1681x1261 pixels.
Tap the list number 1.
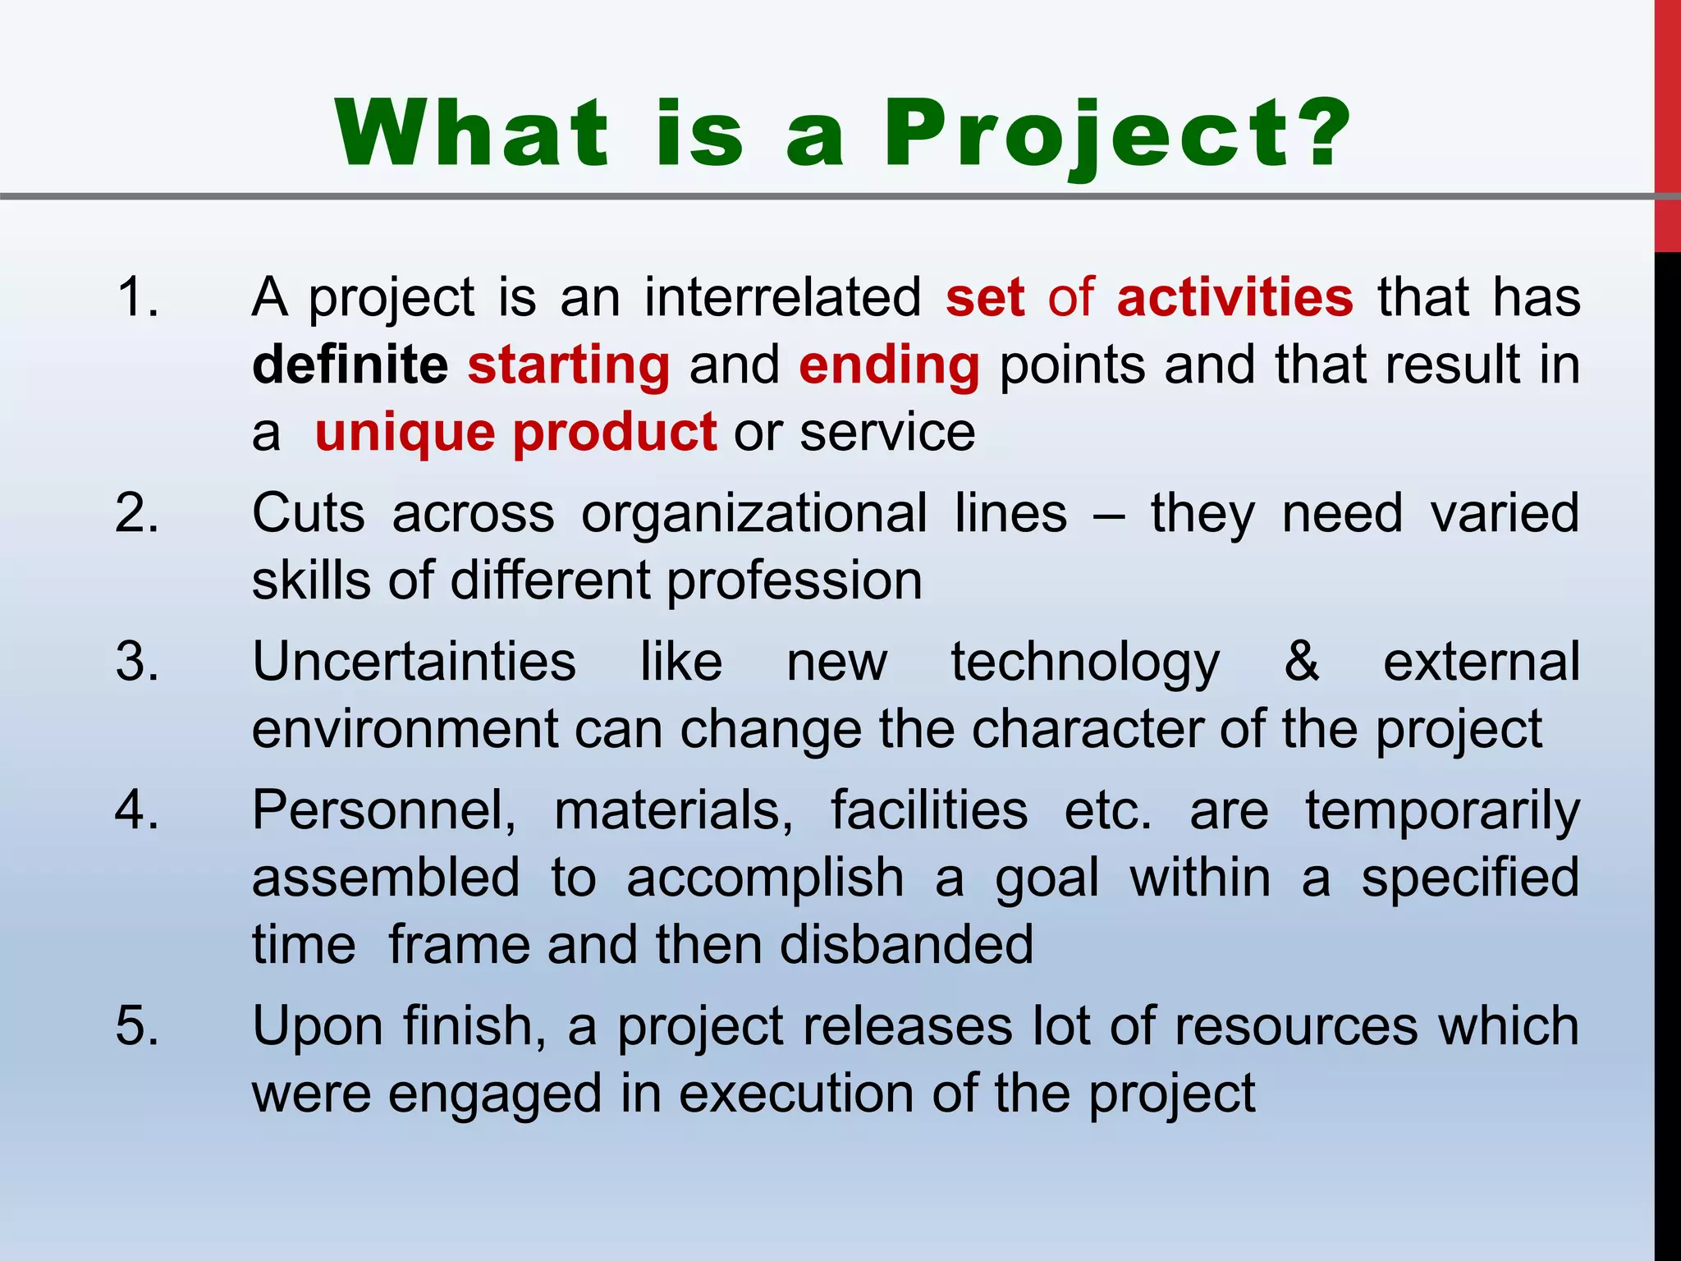click(137, 296)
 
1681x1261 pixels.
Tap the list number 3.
click(137, 662)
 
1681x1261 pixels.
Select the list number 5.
click(137, 1026)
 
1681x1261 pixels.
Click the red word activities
click(1234, 297)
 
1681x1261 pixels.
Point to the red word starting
click(569, 365)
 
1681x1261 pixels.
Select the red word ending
click(889, 365)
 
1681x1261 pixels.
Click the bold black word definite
click(350, 365)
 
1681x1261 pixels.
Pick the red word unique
click(404, 433)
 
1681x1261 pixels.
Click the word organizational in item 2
click(754, 514)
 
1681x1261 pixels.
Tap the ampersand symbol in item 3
click(1302, 662)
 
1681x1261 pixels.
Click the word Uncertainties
click(414, 662)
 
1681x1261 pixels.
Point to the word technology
click(1085, 663)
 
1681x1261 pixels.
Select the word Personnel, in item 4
click(384, 811)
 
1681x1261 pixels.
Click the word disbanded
click(906, 945)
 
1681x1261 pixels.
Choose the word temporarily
click(1442, 811)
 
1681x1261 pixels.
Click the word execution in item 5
click(795, 1094)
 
